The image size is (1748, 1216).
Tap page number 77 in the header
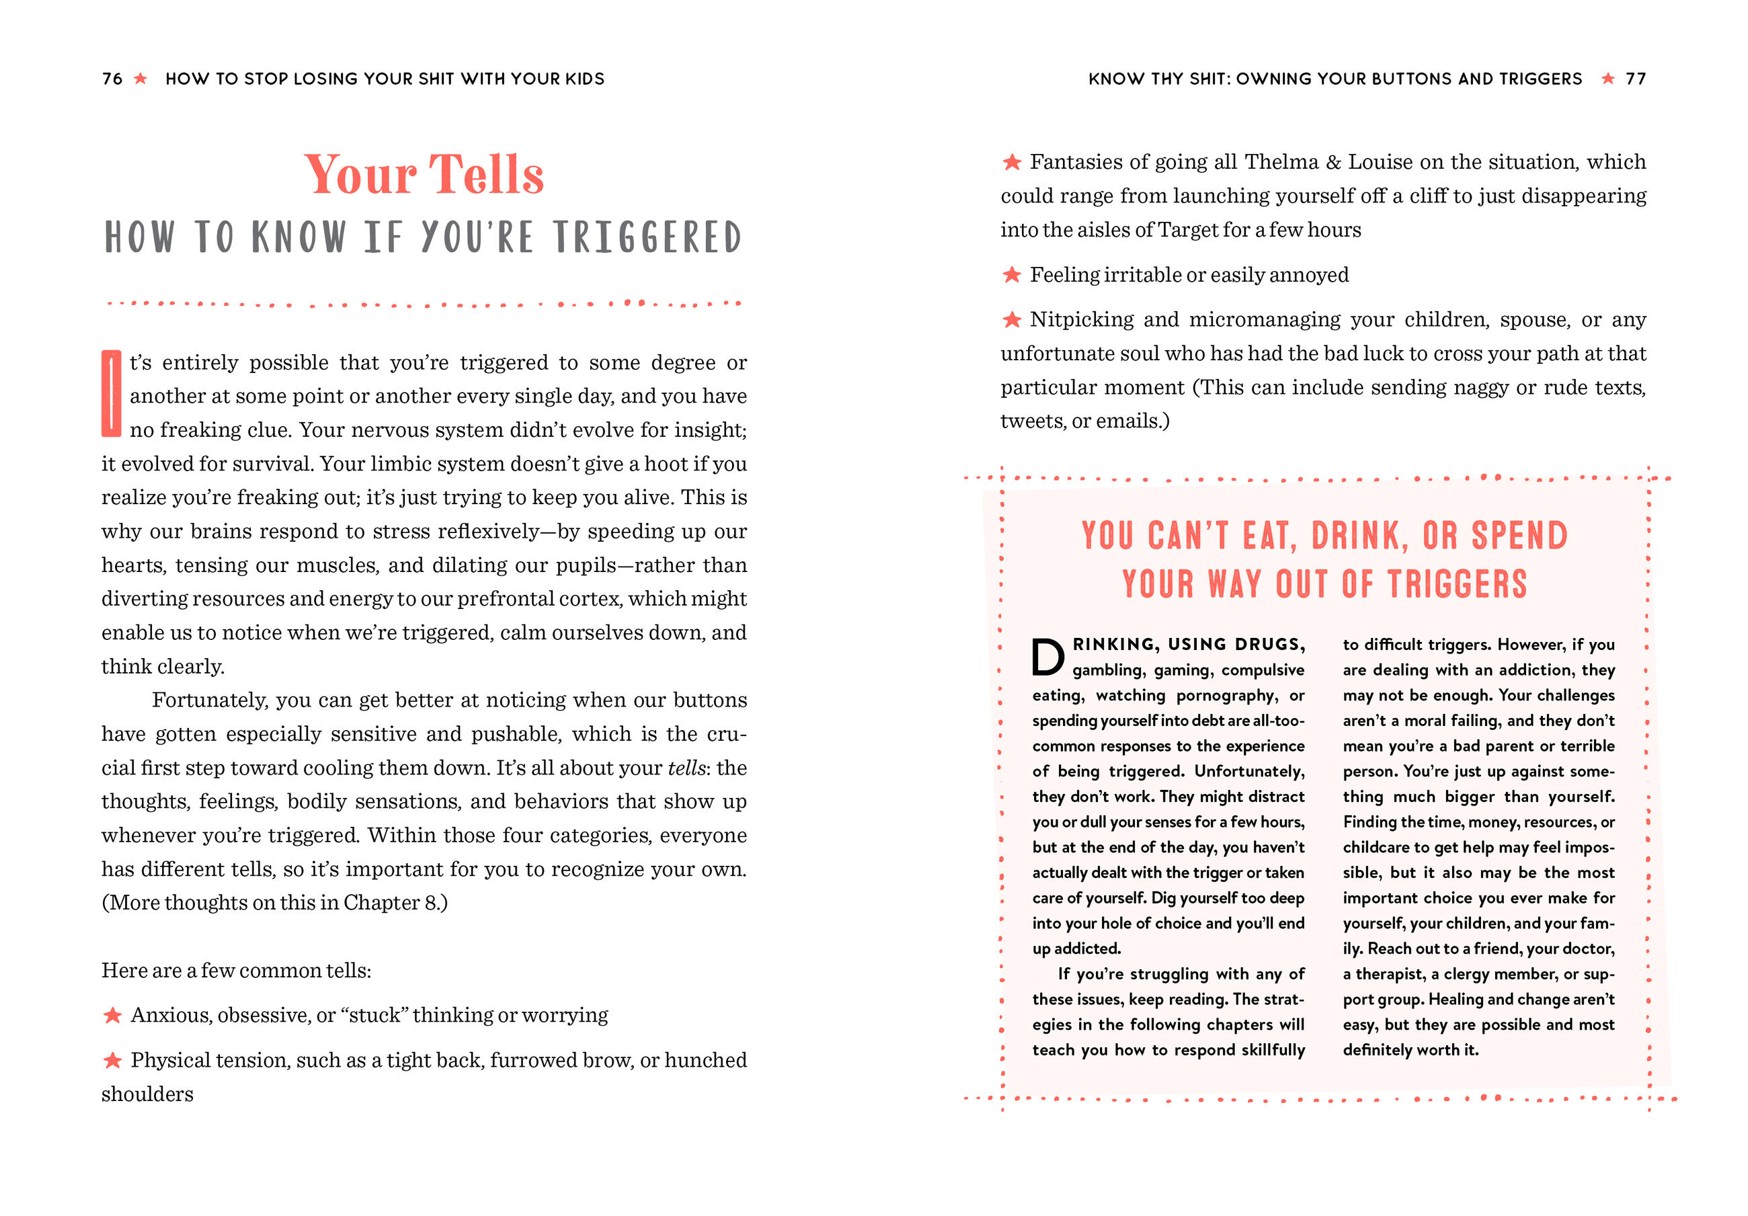[1635, 79]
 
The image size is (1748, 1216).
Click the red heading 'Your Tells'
[424, 174]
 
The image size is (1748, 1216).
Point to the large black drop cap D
[1047, 657]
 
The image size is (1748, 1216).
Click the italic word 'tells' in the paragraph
[686, 768]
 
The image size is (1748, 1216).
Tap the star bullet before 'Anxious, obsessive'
[113, 1015]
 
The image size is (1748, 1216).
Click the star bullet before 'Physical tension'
[113, 1060]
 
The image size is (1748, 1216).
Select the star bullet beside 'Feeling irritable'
[1012, 275]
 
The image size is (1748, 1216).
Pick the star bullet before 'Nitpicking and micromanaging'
[1012, 320]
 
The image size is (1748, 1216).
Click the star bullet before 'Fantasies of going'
[1012, 162]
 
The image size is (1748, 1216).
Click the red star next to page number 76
[140, 79]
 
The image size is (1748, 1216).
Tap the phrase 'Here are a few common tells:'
[236, 971]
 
